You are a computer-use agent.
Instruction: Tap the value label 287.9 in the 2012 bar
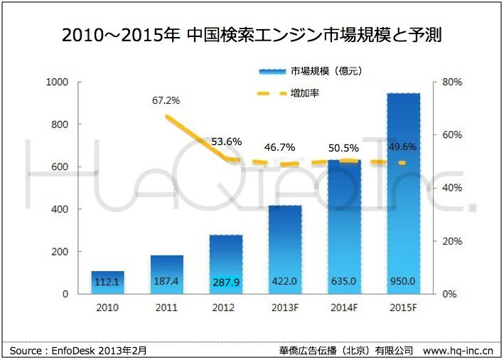(225, 282)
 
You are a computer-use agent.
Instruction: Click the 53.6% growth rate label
(226, 142)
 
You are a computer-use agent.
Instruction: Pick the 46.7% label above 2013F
(284, 147)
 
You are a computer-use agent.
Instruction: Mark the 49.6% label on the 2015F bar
(402, 147)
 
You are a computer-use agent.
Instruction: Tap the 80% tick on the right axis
(452, 83)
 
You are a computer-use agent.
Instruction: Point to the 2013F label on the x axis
(284, 308)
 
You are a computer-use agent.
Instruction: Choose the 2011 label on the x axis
(166, 308)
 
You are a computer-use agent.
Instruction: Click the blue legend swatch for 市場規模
(272, 71)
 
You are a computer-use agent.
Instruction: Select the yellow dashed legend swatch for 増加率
(272, 93)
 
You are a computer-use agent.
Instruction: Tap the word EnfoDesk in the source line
(74, 351)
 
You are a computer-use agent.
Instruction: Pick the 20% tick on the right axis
(452, 241)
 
